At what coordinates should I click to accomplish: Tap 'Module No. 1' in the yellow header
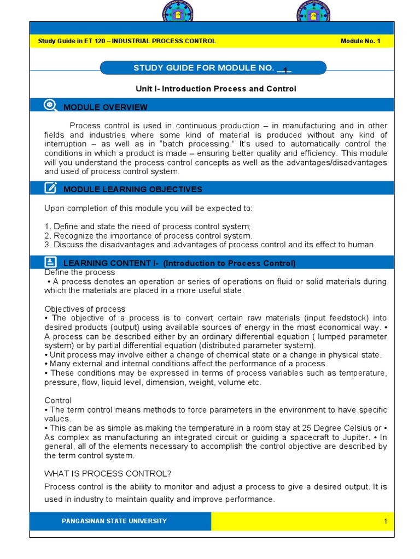pyautogui.click(x=360, y=41)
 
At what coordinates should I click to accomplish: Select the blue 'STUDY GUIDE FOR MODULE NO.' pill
pyautogui.click(x=213, y=68)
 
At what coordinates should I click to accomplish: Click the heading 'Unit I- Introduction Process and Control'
pyautogui.click(x=215, y=88)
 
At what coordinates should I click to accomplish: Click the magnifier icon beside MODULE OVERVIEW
pyautogui.click(x=50, y=106)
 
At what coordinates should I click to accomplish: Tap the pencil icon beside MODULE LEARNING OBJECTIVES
pyautogui.click(x=50, y=188)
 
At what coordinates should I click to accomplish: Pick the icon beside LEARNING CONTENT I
pyautogui.click(x=50, y=263)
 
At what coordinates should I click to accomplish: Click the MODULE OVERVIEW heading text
pyautogui.click(x=106, y=107)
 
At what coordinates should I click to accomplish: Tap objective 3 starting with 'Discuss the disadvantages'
pyautogui.click(x=210, y=245)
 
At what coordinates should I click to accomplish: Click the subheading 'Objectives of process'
pyautogui.click(x=85, y=309)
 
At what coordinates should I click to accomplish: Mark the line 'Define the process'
pyautogui.click(x=80, y=272)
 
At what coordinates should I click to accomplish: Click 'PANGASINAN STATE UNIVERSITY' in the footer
pyautogui.click(x=114, y=521)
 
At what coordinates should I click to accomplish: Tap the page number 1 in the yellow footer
pyautogui.click(x=385, y=521)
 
